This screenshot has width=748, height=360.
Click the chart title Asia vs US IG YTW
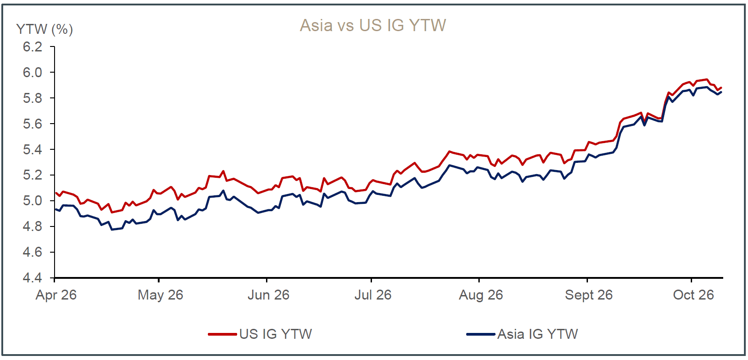(x=373, y=25)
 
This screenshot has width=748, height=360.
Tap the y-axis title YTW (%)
(x=45, y=29)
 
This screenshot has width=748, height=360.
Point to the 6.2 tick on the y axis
(x=33, y=47)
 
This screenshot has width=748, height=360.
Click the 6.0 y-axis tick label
(x=33, y=73)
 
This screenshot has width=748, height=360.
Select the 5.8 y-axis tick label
(x=33, y=98)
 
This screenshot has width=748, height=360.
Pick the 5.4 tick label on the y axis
(x=33, y=149)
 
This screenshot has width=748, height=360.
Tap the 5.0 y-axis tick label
(x=33, y=201)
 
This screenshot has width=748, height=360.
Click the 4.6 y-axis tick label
(x=33, y=252)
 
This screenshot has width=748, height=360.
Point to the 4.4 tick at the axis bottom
(x=33, y=278)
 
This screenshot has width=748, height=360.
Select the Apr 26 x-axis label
(x=56, y=295)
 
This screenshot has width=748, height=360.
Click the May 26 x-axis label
(x=161, y=295)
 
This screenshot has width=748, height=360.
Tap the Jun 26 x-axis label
(x=268, y=295)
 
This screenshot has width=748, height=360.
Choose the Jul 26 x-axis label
(x=373, y=295)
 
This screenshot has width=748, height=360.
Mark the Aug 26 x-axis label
(x=481, y=295)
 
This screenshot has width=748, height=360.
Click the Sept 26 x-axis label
(x=589, y=295)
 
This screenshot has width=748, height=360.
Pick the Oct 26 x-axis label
(x=693, y=295)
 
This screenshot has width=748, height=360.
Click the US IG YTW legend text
(x=275, y=334)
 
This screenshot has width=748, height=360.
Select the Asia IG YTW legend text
(x=537, y=334)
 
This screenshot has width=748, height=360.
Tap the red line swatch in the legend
(x=222, y=334)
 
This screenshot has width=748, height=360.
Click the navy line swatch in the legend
(x=481, y=334)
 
